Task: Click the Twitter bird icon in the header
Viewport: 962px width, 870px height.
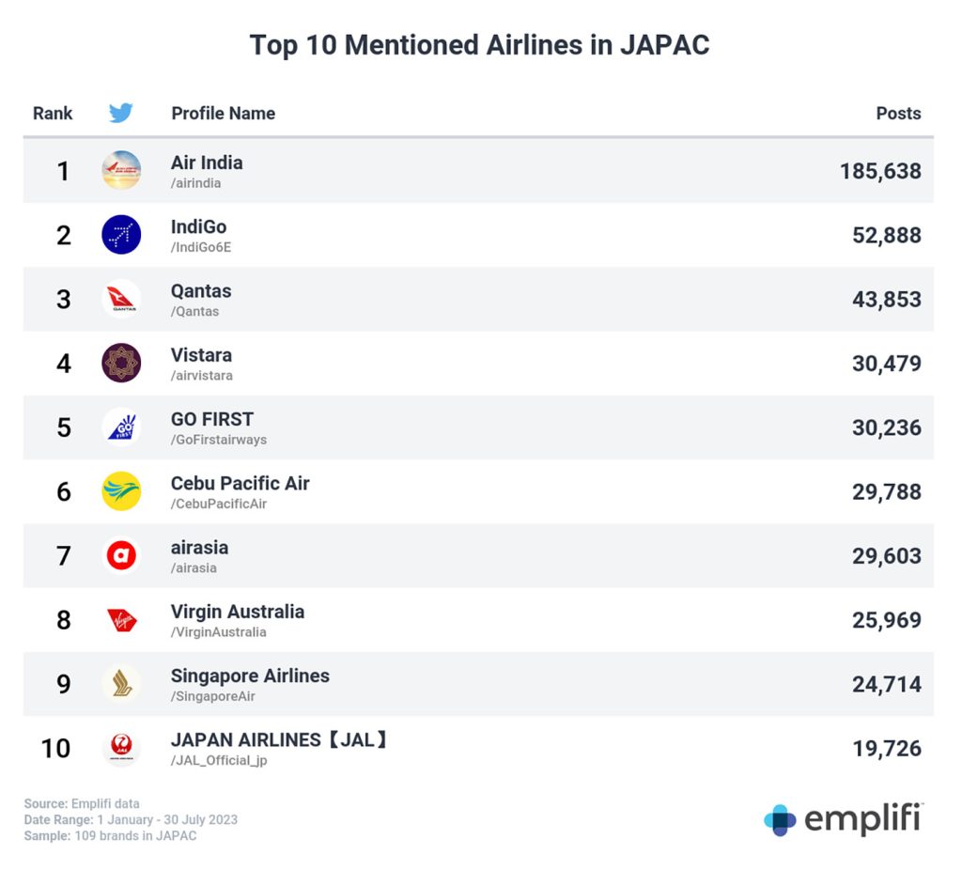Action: (120, 114)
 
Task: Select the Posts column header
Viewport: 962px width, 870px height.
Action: (898, 114)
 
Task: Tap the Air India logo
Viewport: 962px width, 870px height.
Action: (121, 170)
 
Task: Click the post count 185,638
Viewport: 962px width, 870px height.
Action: (880, 171)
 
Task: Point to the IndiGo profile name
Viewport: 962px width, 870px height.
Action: (198, 226)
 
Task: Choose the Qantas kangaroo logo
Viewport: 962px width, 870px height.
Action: (121, 299)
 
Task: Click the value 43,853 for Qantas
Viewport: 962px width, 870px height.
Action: (886, 300)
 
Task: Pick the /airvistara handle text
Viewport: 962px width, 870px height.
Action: (201, 376)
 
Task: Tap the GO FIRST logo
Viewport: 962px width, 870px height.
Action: (121, 427)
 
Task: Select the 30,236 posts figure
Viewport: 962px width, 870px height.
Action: (886, 427)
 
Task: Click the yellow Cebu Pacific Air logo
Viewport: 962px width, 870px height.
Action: (121, 491)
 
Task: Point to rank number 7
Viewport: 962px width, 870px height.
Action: (64, 556)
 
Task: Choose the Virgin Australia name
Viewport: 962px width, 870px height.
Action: (238, 612)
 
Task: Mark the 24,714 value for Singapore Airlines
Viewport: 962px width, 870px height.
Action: (886, 684)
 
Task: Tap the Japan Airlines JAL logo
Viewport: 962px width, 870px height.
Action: (121, 748)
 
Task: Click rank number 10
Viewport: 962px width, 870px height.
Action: (55, 749)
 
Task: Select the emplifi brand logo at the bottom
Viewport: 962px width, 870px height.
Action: (843, 819)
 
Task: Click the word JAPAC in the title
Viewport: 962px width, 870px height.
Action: (664, 45)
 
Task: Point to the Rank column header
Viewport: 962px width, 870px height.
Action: (53, 114)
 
